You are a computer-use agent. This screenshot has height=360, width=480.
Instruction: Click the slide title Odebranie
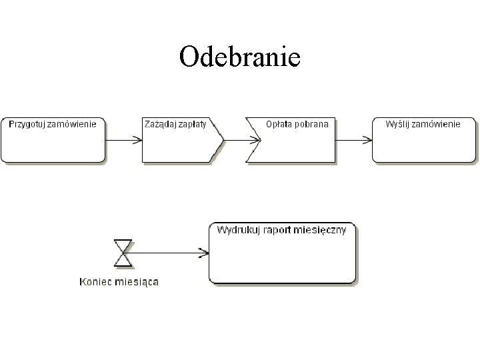[240, 57]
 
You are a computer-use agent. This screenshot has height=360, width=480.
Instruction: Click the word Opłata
[279, 124]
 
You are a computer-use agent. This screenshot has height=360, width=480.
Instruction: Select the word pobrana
[312, 124]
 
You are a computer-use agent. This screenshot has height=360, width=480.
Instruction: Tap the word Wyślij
[399, 124]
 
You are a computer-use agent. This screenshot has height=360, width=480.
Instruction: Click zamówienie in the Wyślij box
[437, 124]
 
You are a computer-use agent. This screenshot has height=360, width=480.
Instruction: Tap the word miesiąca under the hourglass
[136, 281]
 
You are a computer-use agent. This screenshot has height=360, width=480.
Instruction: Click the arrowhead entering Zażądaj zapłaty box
[137, 140]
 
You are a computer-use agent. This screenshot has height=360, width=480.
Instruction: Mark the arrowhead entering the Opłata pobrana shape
[256, 140]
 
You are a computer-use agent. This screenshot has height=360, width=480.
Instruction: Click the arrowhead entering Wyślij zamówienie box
[367, 140]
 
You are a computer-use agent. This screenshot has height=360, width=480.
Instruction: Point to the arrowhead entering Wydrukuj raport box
[204, 252]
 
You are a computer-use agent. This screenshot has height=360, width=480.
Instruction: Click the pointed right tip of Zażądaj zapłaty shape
[223, 140]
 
